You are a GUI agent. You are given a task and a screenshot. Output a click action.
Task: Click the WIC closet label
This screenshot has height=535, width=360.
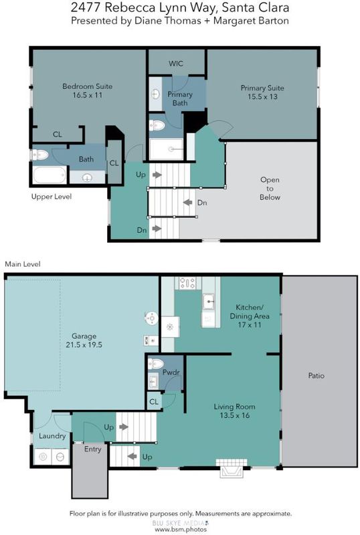pyautogui.click(x=176, y=64)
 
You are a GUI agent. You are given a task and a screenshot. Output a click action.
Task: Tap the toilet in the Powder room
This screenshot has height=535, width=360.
pyautogui.click(x=155, y=364)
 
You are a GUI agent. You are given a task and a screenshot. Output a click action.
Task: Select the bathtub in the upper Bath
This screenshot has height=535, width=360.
pyautogui.click(x=50, y=175)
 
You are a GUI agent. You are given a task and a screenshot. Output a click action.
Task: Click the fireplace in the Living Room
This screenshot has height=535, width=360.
pyautogui.click(x=232, y=468)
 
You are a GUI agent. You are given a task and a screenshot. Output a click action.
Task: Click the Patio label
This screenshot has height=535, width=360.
pyautogui.click(x=317, y=376)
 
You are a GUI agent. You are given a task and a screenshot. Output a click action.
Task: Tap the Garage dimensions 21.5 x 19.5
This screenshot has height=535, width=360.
pyautogui.click(x=84, y=344)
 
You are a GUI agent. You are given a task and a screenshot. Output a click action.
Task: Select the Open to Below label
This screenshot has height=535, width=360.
pyautogui.click(x=270, y=189)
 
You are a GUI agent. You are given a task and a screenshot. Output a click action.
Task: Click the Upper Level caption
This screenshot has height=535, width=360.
pyautogui.click(x=52, y=197)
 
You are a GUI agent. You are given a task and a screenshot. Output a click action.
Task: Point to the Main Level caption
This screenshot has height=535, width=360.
pyautogui.click(x=23, y=264)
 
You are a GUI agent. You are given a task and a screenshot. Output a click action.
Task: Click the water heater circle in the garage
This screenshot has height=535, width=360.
pyautogui.click(x=151, y=318)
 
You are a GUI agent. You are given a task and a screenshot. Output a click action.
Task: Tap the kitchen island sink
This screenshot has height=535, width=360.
pyautogui.click(x=208, y=302)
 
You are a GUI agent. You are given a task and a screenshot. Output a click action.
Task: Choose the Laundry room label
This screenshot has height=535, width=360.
pyautogui.click(x=52, y=436)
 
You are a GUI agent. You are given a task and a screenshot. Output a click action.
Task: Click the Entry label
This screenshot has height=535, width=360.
pyautogui.click(x=92, y=449)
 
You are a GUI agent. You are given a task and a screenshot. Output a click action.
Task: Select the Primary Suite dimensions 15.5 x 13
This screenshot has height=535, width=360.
pyautogui.click(x=263, y=96)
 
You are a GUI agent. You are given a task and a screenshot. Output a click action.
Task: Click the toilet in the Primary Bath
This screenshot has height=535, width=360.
pyautogui.click(x=157, y=126)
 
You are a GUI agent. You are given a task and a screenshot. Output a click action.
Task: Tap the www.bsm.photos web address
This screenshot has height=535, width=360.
pyautogui.click(x=181, y=530)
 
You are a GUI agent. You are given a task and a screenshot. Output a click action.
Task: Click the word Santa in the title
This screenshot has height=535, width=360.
pyautogui.click(x=238, y=7)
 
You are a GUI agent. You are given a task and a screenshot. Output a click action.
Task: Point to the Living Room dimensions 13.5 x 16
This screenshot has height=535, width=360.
pyautogui.click(x=235, y=415)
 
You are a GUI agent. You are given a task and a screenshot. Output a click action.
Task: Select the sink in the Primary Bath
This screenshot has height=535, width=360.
pyautogui.click(x=155, y=94)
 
